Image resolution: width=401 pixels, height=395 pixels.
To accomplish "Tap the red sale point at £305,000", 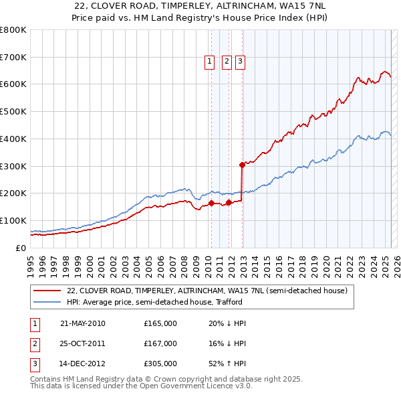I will click(x=242, y=164).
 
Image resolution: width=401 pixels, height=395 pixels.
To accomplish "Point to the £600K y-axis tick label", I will click(x=13, y=84).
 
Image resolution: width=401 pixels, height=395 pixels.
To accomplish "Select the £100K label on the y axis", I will click(x=13, y=220).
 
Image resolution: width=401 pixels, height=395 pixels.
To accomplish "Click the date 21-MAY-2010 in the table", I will click(x=83, y=323).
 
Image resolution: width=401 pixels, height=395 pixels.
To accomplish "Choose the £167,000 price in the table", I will click(x=160, y=343).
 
